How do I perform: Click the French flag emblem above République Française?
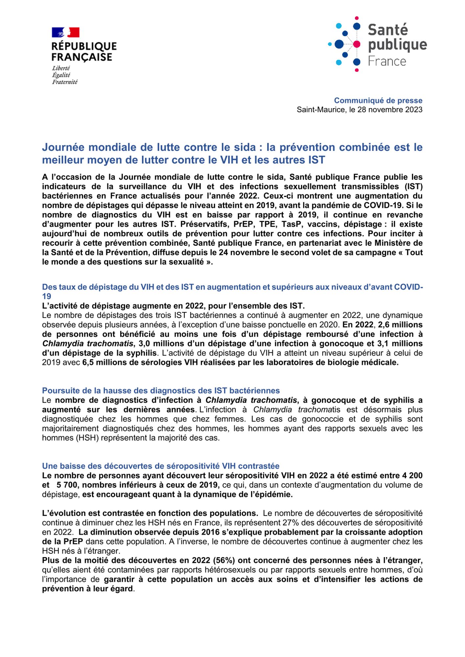coord(65,33)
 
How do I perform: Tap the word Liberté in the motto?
coord(61,68)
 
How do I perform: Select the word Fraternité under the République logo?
coord(65,82)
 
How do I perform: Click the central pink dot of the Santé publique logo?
coord(357,44)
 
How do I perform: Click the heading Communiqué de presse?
coord(378,101)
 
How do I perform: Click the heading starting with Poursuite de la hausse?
coord(161,391)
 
